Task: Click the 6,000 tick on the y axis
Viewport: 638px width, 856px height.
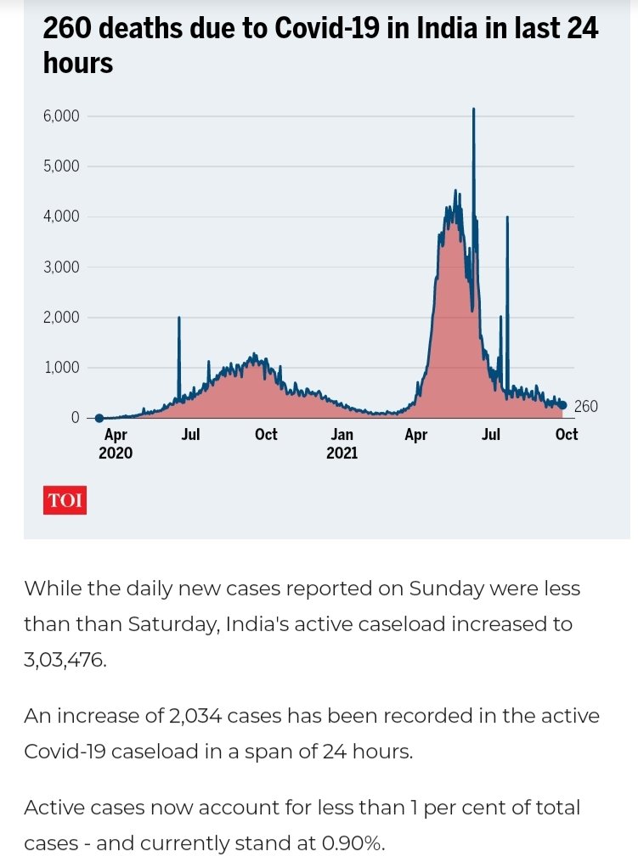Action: coord(60,115)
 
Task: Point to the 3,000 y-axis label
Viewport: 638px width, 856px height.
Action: coord(60,267)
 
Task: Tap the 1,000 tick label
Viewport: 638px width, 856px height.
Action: coord(60,368)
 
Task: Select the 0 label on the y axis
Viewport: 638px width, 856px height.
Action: coord(74,418)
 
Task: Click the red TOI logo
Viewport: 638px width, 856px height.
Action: coord(65,501)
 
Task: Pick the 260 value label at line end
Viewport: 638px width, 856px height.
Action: coord(586,407)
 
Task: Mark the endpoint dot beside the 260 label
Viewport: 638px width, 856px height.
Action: coord(562,405)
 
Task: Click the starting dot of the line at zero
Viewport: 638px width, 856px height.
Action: coord(99,418)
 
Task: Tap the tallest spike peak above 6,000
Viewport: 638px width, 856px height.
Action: coord(473,110)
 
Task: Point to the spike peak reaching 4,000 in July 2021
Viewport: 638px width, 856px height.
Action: coord(507,217)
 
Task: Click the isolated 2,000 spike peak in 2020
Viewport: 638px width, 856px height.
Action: coord(179,318)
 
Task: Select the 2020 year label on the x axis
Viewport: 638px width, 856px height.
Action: coord(116,453)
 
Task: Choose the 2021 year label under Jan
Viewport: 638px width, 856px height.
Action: coord(342,453)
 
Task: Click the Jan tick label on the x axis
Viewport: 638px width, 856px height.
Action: coord(342,435)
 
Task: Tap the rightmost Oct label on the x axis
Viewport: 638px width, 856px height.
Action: coord(566,435)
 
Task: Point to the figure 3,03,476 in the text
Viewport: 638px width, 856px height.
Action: coord(65,660)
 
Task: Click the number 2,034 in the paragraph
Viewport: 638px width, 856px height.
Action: coord(216,716)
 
